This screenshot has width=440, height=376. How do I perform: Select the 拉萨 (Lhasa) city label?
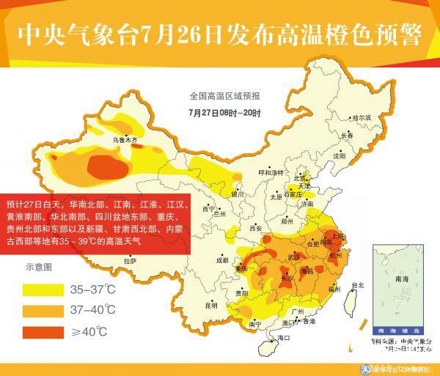pos(130,260)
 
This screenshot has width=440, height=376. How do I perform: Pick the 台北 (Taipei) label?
pos(358,284)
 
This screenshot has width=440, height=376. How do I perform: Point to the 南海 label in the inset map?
pos(401,279)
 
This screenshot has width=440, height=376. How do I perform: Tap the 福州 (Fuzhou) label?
pos(334,290)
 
